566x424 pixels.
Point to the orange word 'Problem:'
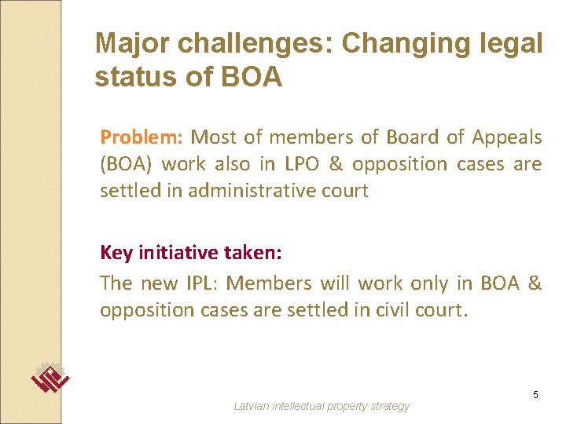pyautogui.click(x=141, y=137)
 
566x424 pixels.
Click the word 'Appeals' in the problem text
pyautogui.click(x=506, y=137)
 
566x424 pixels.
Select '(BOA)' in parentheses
pyautogui.click(x=125, y=164)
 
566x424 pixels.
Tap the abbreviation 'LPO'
pyautogui.click(x=303, y=164)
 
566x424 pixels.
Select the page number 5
pyautogui.click(x=535, y=394)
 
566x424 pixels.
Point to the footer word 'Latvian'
pyautogui.click(x=252, y=406)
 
